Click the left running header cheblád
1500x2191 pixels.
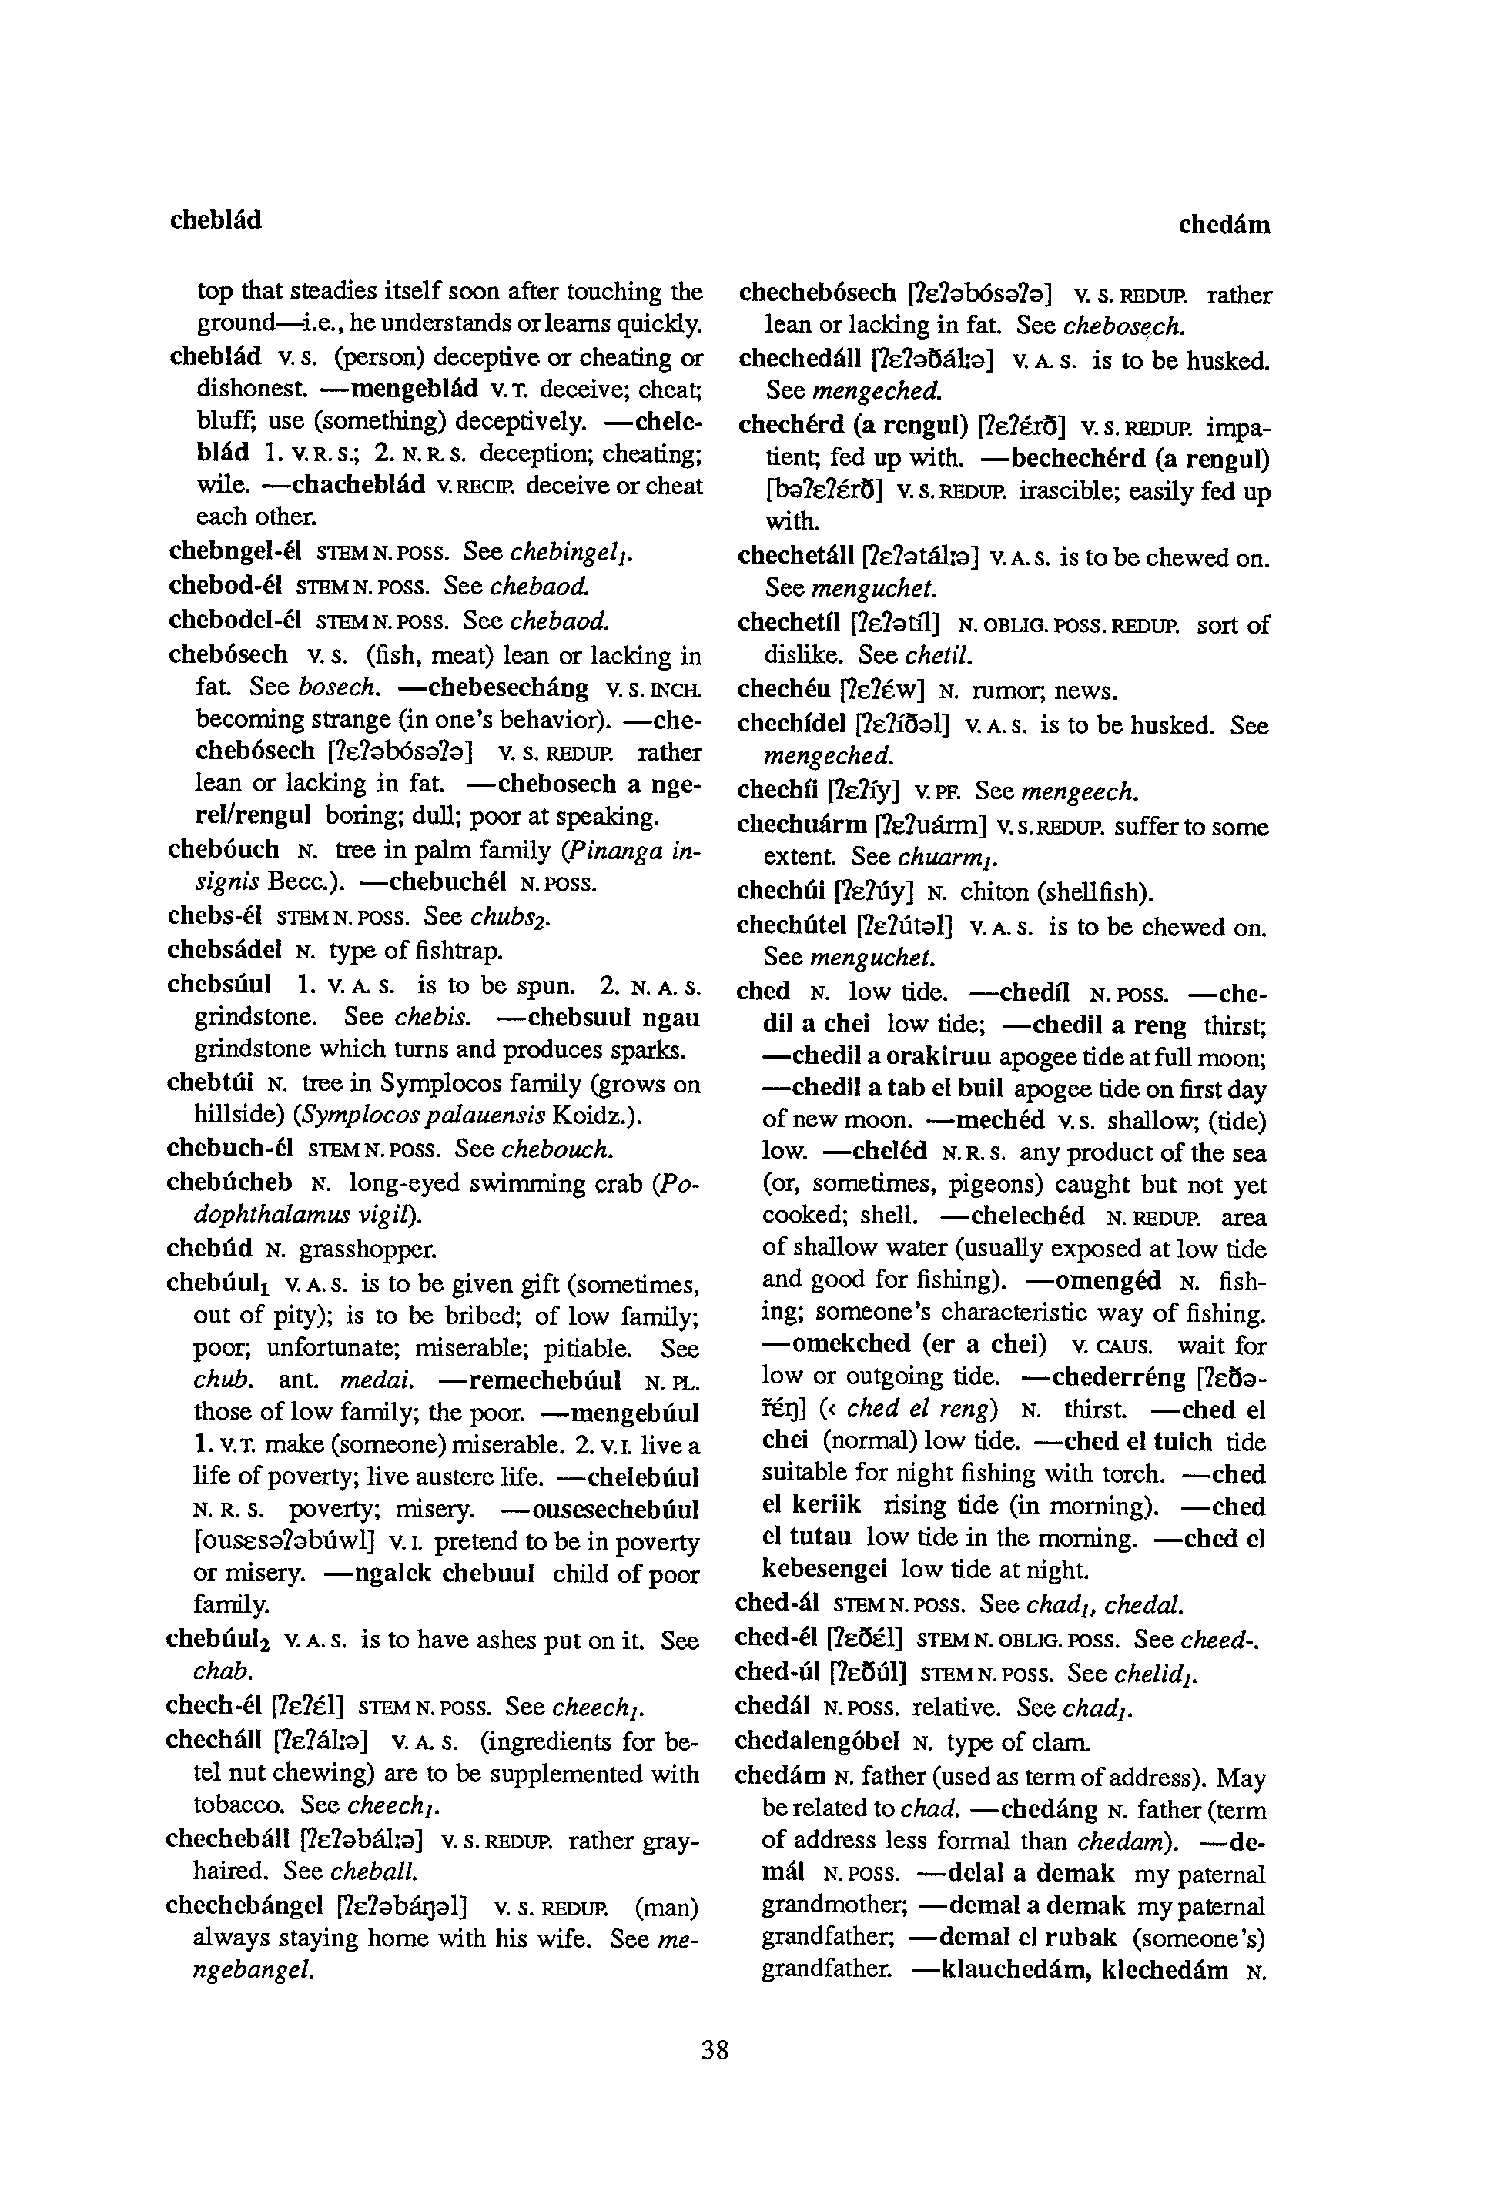click(x=216, y=221)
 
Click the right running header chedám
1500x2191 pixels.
click(x=1224, y=226)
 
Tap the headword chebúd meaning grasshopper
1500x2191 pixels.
click(x=209, y=1249)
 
